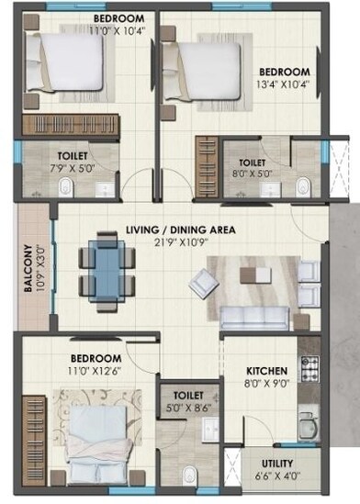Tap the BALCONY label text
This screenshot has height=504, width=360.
point(29,267)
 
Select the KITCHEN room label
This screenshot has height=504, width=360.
point(267,370)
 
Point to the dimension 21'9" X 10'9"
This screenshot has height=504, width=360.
point(180,243)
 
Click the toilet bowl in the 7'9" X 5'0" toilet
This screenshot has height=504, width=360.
point(65,187)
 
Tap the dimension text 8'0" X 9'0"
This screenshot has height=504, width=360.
point(267,384)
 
